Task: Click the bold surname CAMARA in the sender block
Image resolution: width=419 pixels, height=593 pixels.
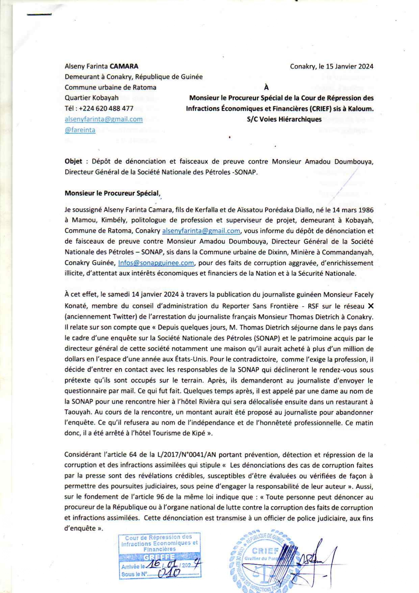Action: [x=124, y=66]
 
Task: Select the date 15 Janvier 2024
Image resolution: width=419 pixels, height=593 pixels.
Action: [x=349, y=66]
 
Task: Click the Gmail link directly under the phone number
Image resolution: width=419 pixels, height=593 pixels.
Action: [x=103, y=119]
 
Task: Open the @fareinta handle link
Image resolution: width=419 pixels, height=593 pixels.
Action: [x=80, y=130]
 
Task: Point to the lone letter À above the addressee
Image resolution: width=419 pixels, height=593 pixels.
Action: [x=266, y=87]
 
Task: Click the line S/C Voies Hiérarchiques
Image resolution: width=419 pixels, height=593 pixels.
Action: [x=284, y=119]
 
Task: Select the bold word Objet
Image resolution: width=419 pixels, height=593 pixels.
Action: [x=73, y=161]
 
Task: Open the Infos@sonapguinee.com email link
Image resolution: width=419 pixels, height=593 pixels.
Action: [x=156, y=263]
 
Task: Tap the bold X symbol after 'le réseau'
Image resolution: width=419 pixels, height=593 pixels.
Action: [x=370, y=306]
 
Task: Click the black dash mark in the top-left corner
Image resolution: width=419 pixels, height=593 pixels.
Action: [x=39, y=15]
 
